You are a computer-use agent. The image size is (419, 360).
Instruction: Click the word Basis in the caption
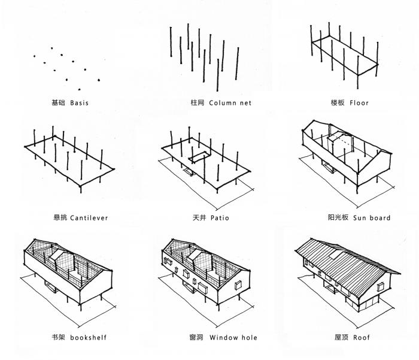coord(79,103)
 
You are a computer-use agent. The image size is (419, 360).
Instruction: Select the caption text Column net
coord(230,103)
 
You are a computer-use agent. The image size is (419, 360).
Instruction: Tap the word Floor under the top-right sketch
coord(359,103)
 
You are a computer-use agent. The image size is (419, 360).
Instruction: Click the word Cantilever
coord(89,218)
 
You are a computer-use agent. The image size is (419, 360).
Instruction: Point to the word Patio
coord(219,218)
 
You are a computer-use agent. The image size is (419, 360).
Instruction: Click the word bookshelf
coord(88,338)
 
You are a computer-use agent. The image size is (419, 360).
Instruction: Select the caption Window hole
coord(233,338)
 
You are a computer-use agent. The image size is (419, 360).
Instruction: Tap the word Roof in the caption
coord(361,338)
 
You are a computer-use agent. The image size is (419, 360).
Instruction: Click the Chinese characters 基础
coord(58,103)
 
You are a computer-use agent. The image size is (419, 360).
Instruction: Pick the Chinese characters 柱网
coord(198,103)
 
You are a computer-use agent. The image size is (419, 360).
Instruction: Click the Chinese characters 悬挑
coord(60,218)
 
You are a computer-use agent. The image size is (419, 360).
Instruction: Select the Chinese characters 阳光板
coord(339,218)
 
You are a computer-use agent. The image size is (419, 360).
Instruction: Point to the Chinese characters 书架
coord(59,338)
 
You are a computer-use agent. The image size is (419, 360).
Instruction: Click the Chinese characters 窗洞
coord(196,338)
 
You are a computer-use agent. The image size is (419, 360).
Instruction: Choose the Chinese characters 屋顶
coord(342,338)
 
